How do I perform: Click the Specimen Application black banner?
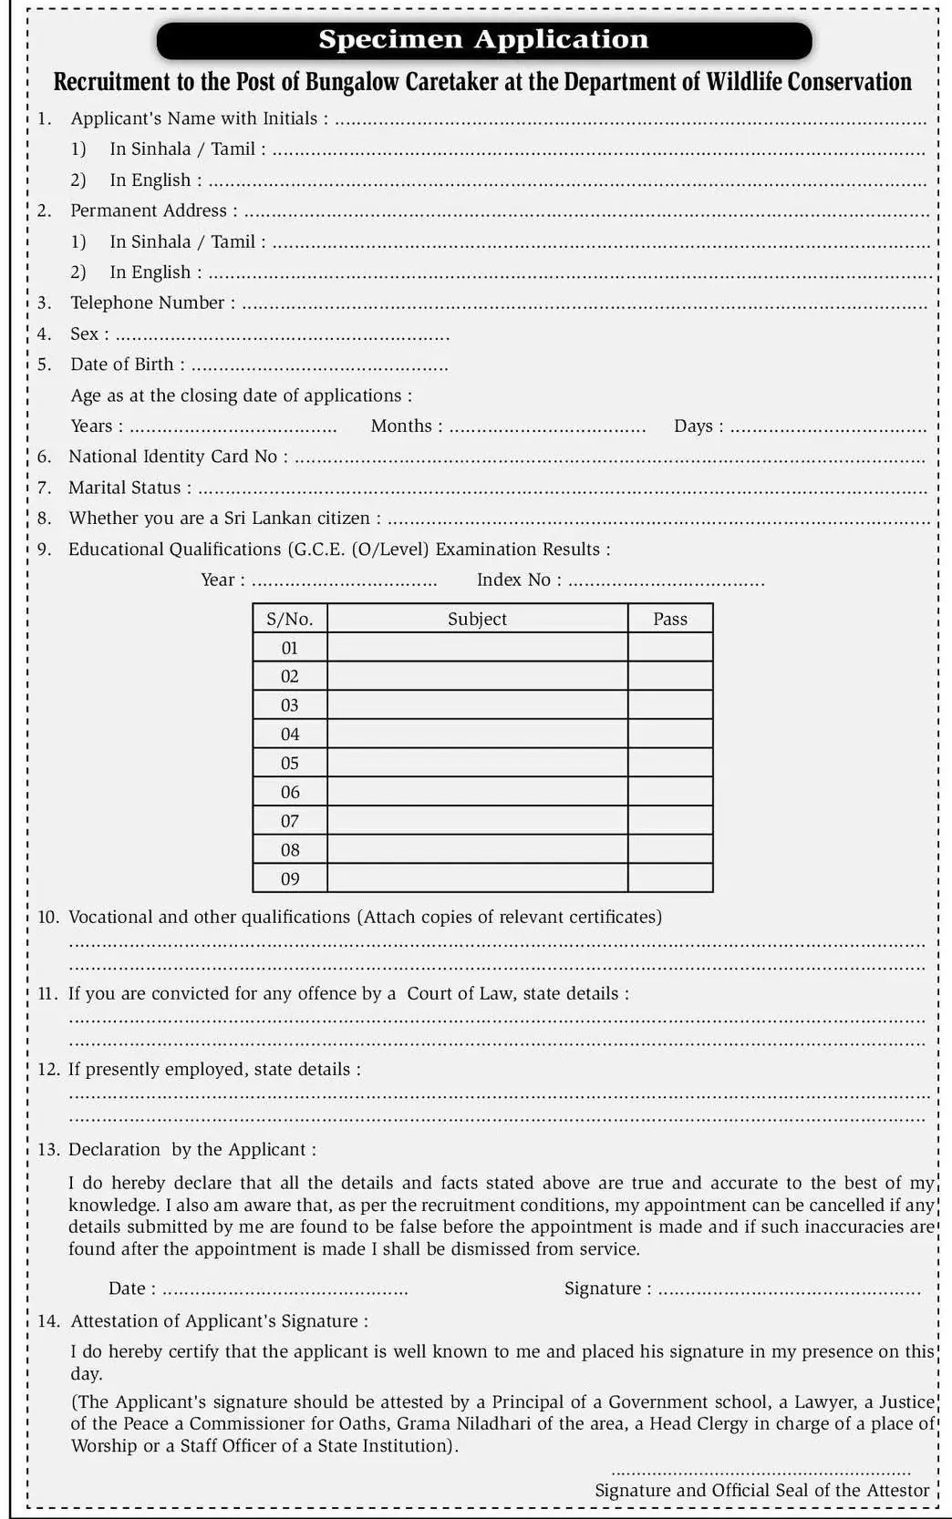[483, 40]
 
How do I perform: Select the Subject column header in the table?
[477, 619]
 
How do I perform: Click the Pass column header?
[670, 619]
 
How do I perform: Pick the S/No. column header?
[289, 619]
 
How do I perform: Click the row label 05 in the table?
[290, 763]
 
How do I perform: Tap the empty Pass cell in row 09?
[670, 878]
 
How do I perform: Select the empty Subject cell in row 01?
[477, 648]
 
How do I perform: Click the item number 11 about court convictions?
[48, 993]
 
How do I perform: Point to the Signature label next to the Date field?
[606, 1288]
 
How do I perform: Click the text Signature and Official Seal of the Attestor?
[761, 1491]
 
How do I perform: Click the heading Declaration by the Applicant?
[191, 1150]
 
